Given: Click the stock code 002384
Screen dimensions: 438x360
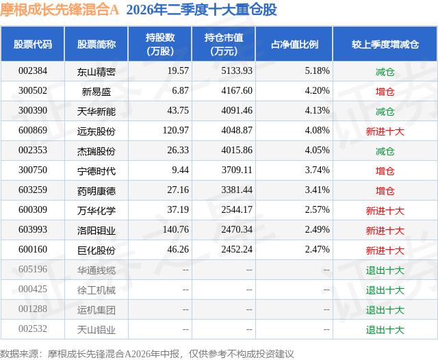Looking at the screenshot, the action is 33,71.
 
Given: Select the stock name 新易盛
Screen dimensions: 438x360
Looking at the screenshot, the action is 96,91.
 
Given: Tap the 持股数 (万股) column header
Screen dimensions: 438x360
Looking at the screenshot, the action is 160,44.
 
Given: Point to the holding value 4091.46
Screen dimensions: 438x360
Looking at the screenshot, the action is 237,111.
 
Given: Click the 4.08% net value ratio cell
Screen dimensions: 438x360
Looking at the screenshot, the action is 317,131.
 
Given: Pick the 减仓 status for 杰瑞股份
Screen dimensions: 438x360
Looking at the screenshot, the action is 385,151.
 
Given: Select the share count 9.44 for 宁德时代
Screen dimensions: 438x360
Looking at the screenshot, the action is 180,170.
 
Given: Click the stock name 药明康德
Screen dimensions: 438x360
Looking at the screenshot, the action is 96,191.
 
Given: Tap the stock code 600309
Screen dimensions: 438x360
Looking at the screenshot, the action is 33,209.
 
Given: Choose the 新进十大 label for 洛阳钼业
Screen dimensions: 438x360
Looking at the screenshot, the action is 385,231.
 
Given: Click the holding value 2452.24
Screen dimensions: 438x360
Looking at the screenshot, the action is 237,249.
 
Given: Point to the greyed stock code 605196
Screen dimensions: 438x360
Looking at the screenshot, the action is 33,269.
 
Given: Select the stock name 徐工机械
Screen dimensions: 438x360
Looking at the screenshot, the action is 96,290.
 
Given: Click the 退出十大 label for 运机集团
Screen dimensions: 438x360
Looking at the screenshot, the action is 385,310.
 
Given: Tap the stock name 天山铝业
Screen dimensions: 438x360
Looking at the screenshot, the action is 96,330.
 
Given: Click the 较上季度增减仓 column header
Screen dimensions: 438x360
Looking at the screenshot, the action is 385,44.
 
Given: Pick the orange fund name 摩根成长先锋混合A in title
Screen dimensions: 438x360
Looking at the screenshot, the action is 60,10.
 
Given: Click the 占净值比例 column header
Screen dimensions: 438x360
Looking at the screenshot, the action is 294,44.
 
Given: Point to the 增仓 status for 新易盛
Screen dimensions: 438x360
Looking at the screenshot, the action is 385,91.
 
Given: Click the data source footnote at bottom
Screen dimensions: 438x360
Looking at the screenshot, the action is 147,354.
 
